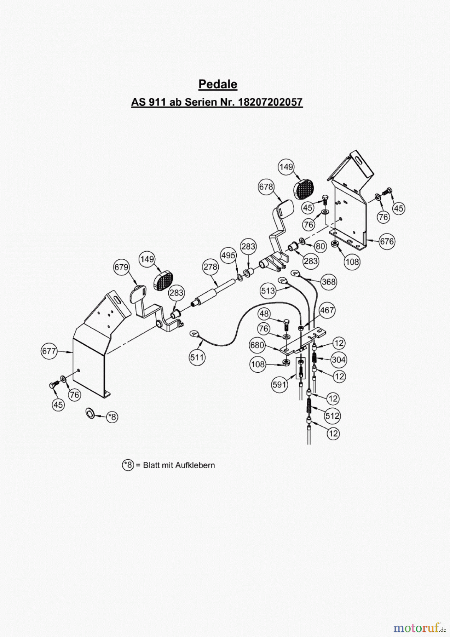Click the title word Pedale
point(218,84)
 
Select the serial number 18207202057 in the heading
point(271,102)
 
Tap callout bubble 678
point(266,186)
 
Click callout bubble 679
point(121,267)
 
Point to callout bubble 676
point(386,241)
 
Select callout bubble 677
point(49,351)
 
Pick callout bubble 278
point(210,266)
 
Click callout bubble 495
point(228,255)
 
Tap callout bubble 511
point(197,357)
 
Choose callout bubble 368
point(329,282)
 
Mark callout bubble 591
point(279,384)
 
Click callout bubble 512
point(332,416)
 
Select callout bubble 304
point(339,360)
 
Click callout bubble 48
point(264,314)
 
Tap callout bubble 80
point(320,246)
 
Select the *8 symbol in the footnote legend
point(128,465)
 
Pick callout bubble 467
point(327,310)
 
